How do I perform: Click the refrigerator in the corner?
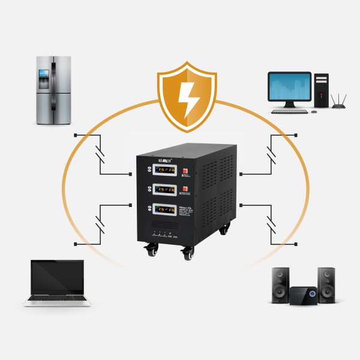pos(53,90)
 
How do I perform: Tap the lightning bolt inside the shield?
pos(188,98)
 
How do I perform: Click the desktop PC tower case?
pos(322,90)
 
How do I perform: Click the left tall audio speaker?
pos(280,284)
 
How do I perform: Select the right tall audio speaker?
pos(326,284)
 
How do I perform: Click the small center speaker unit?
pos(303,295)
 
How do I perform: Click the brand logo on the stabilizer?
pos(163,161)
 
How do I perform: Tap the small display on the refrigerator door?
pos(43,74)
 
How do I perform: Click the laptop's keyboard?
pos(58,298)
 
